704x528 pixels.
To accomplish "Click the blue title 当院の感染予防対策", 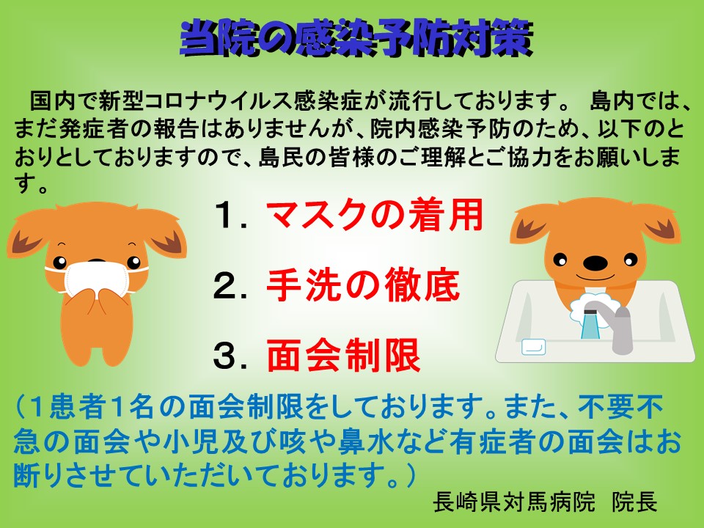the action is click(x=356, y=39).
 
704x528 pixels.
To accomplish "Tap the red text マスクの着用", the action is click(x=375, y=215).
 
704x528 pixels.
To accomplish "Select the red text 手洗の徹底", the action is click(x=363, y=285).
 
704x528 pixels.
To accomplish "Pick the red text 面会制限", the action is click(x=343, y=355).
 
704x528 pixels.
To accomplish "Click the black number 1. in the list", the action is click(x=230, y=216).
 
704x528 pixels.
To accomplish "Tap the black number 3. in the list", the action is click(x=230, y=356).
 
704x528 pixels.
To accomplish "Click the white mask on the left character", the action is click(x=97, y=279).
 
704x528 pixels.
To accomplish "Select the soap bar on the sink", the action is click(x=534, y=347).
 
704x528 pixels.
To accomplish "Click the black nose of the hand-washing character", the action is click(x=595, y=263).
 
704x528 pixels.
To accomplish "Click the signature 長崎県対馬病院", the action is click(x=514, y=502).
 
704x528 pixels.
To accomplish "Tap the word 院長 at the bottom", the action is click(x=635, y=502).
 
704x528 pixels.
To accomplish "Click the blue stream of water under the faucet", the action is click(x=589, y=326).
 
